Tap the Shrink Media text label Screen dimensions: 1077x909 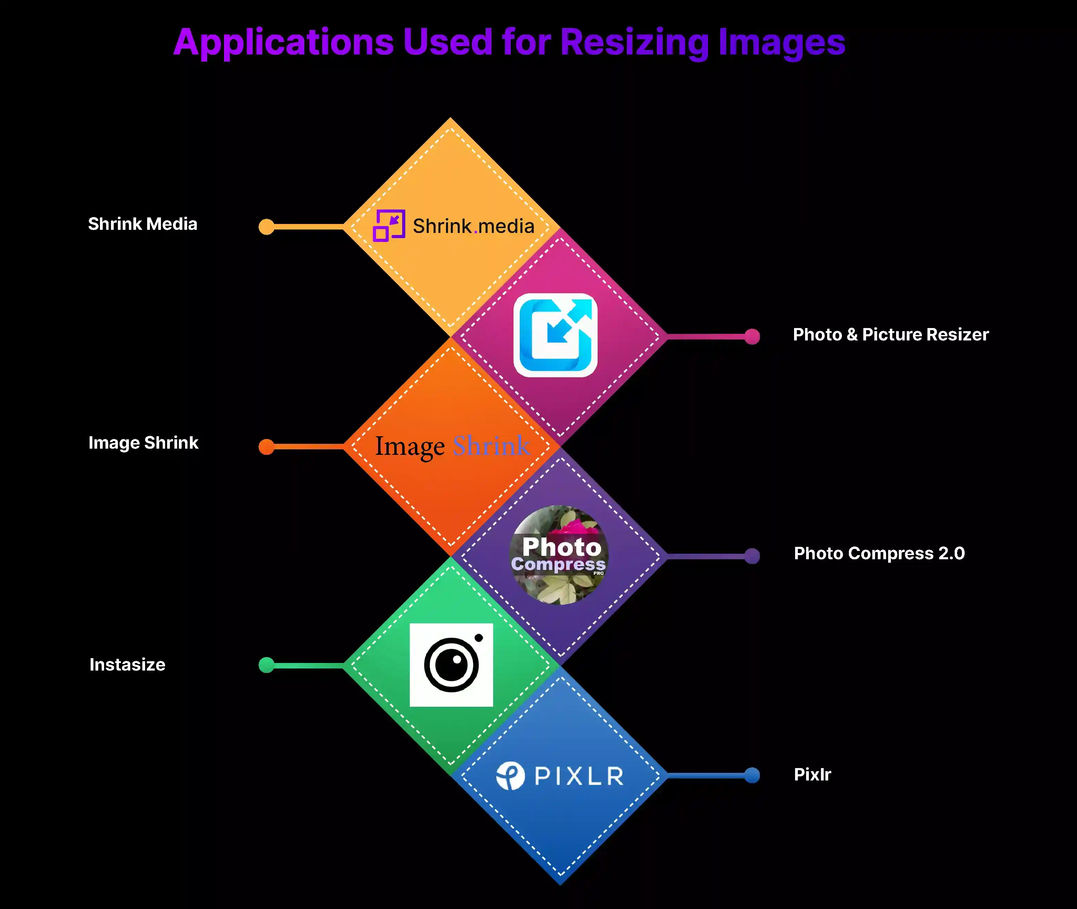tap(143, 224)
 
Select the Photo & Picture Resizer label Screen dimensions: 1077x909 tap(891, 335)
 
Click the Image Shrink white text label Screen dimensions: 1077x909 tap(143, 443)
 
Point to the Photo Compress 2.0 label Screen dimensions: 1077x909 tap(879, 553)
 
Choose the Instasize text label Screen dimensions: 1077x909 tap(127, 665)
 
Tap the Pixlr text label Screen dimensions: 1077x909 tap(813, 775)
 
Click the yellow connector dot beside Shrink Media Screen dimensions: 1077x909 tap(266, 227)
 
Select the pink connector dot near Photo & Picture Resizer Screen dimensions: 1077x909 tap(752, 337)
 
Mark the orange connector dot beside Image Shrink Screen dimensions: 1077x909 tap(266, 447)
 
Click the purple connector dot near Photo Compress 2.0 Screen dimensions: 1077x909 tap(752, 556)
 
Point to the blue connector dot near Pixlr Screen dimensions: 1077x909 tap(752, 775)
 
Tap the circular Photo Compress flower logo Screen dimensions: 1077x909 tap(559, 555)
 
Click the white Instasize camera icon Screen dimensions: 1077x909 tap(451, 665)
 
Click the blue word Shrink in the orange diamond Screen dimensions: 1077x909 tap(491, 446)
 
